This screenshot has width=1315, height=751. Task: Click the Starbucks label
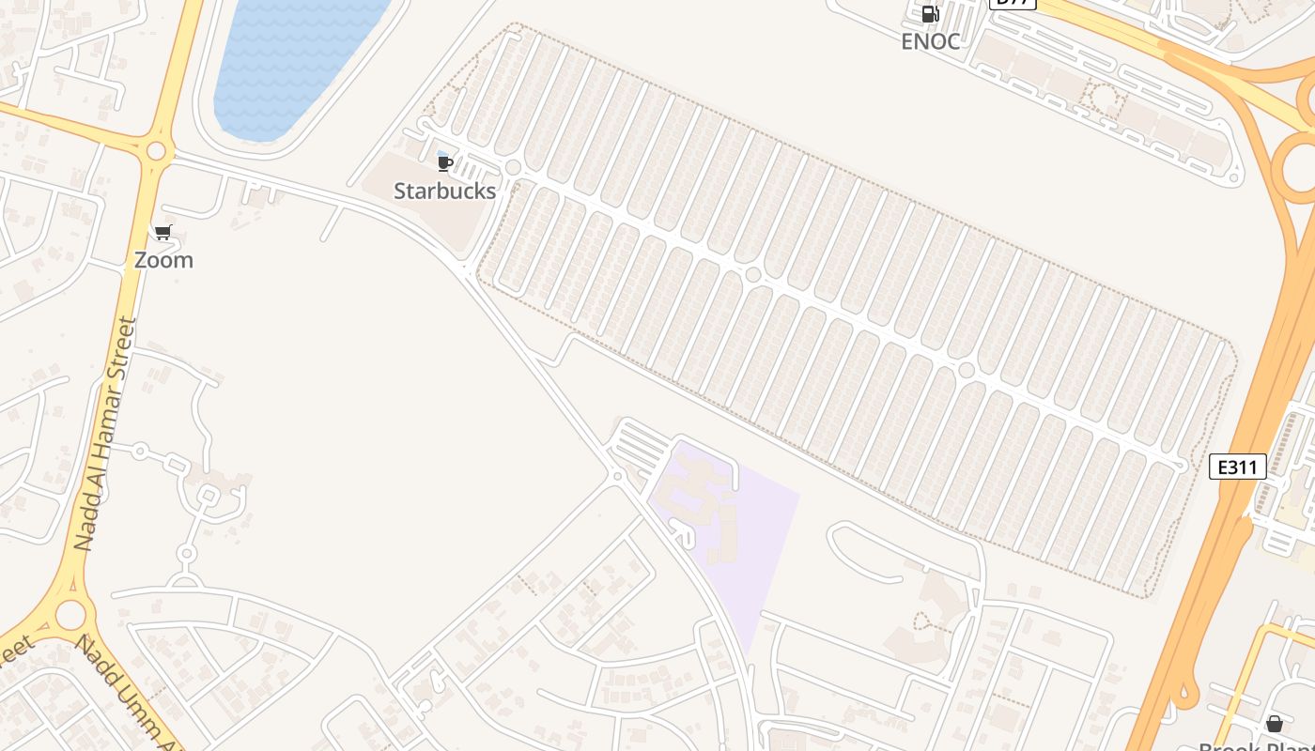click(x=444, y=191)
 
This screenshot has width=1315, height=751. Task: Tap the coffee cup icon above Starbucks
click(x=445, y=164)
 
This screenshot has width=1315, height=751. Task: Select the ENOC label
click(x=930, y=41)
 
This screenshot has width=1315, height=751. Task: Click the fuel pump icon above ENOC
click(x=930, y=14)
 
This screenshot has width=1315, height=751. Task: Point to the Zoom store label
click(x=163, y=260)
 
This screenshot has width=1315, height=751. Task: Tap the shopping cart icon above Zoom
click(x=163, y=233)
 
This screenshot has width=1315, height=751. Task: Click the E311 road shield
click(x=1237, y=467)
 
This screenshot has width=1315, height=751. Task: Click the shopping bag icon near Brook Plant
click(x=1274, y=724)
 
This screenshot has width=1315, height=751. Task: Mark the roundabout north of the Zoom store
click(x=156, y=151)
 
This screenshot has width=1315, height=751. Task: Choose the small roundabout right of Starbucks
click(x=513, y=168)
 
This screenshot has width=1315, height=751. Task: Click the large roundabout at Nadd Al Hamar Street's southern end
click(x=70, y=615)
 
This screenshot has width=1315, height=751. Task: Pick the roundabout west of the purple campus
click(x=617, y=476)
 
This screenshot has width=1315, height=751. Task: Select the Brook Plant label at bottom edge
click(x=1259, y=745)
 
